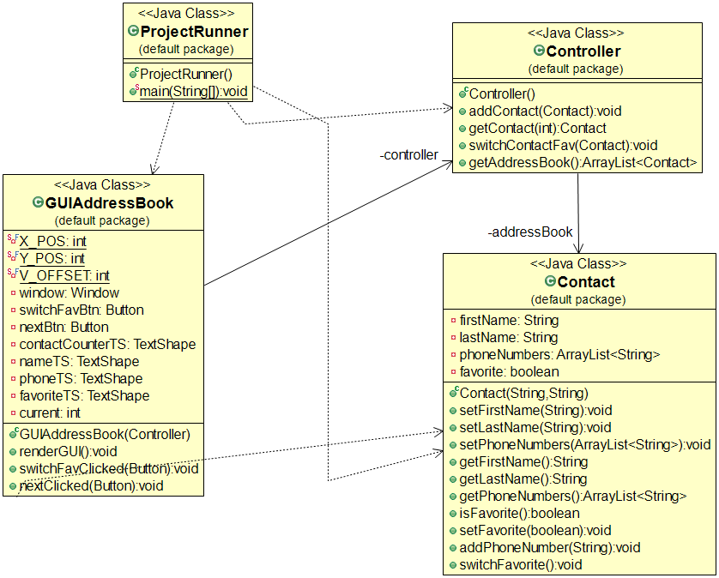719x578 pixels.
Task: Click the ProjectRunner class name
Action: coord(194,32)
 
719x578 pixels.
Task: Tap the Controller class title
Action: coord(583,51)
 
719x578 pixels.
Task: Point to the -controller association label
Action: coord(408,155)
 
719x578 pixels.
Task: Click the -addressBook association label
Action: coord(529,232)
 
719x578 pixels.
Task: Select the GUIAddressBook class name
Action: coord(109,203)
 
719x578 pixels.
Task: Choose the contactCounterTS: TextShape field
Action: coord(107,344)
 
